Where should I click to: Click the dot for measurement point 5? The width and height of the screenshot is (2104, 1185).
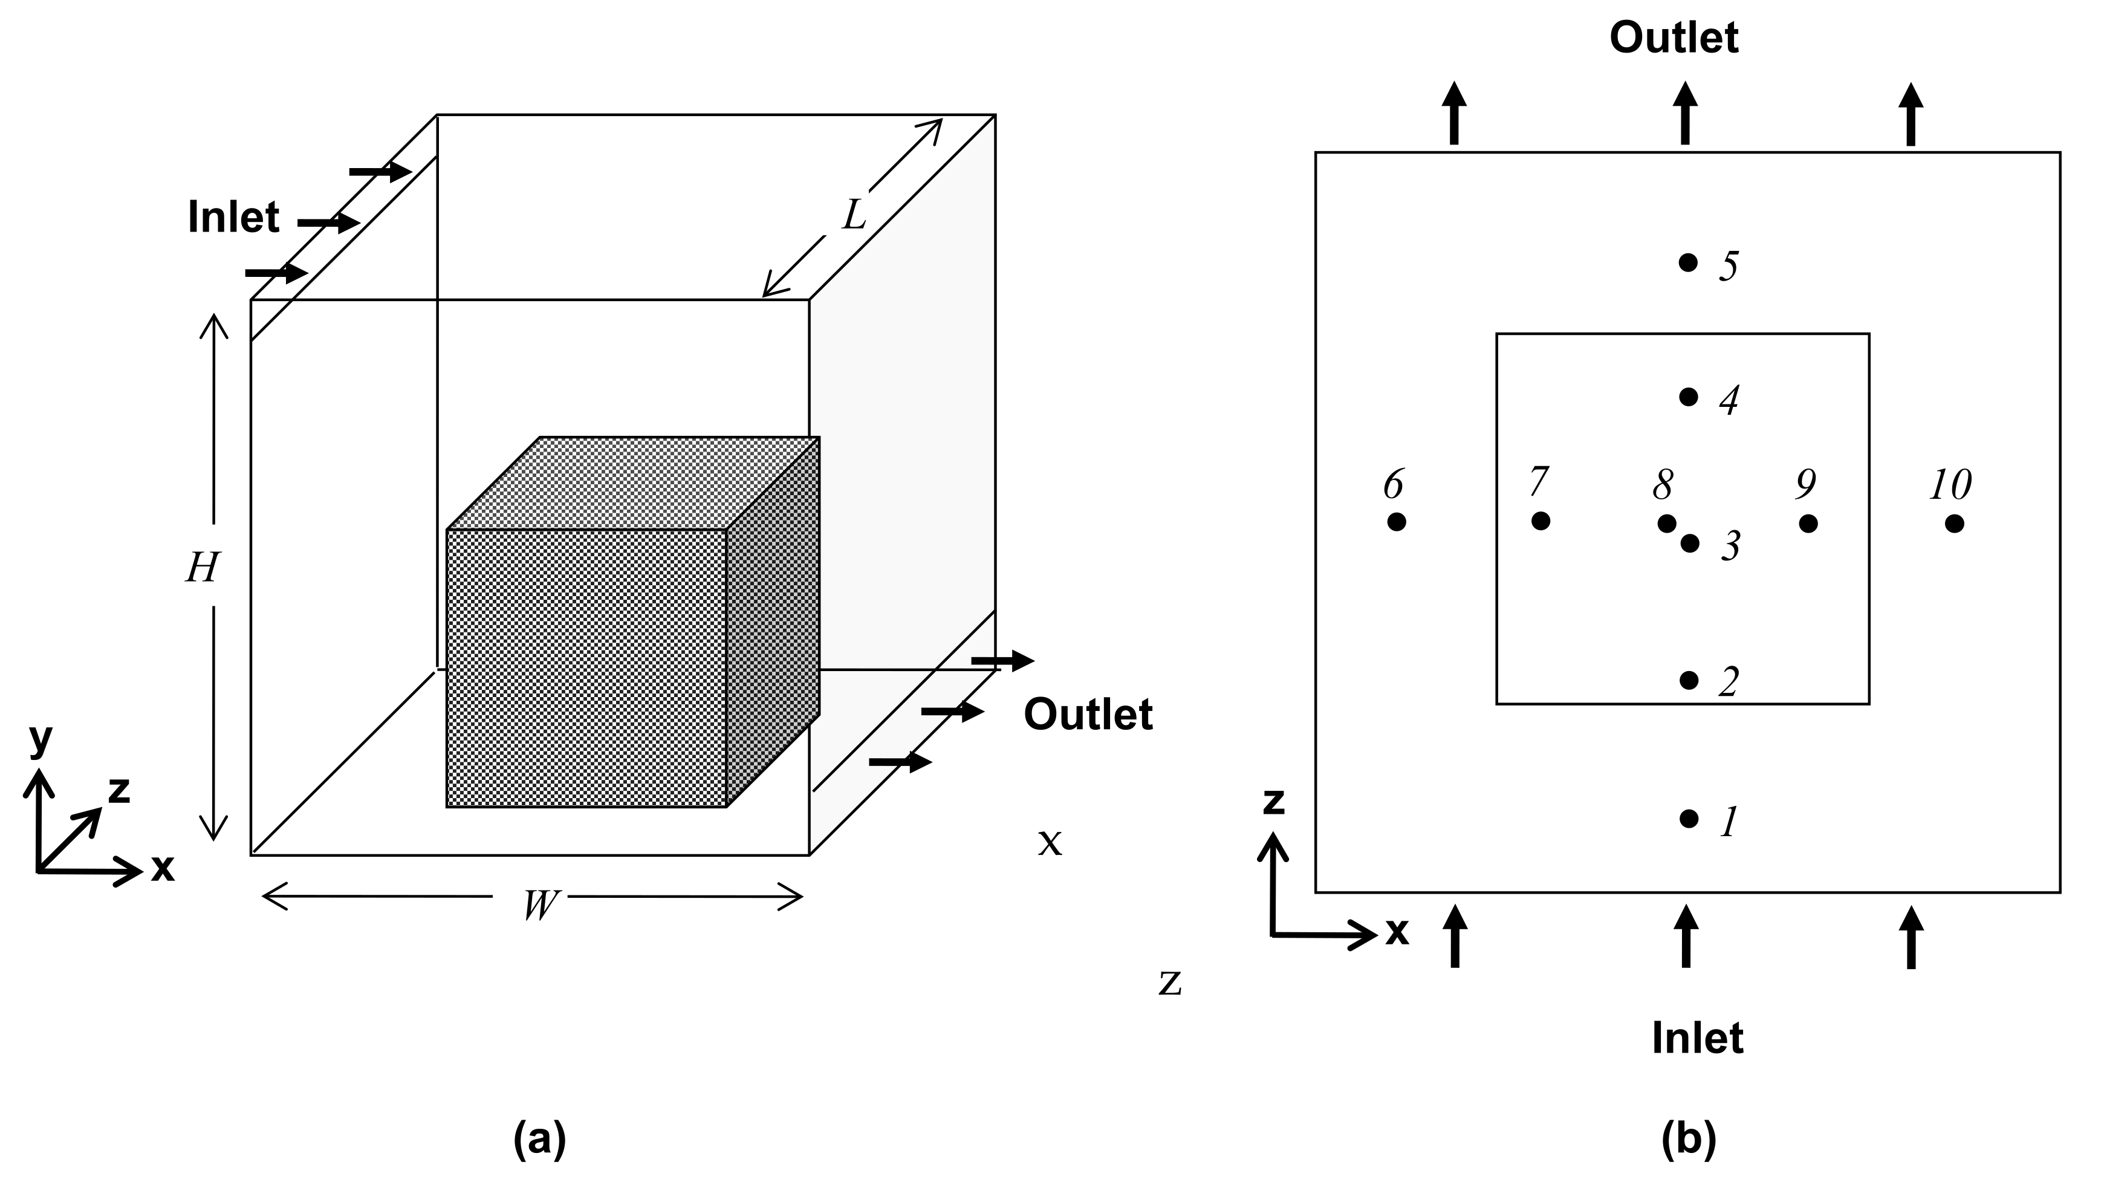pos(1688,262)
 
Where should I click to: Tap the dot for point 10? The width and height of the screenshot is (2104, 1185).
pos(1953,524)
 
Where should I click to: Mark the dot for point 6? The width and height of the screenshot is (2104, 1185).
pos(1397,521)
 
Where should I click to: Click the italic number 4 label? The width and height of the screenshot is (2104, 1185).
pos(1729,400)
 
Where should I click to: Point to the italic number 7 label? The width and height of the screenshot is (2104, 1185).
pos(1539,482)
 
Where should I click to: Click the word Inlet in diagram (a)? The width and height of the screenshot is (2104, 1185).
pos(233,217)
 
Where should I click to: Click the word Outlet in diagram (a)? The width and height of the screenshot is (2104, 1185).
pos(1087,714)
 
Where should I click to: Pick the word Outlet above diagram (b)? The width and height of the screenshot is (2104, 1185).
pos(1674,37)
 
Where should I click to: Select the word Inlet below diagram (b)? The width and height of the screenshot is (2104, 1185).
pos(1697,1038)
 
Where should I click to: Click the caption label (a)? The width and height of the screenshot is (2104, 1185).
pos(539,1138)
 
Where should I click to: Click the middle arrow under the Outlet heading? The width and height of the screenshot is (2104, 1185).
pos(1684,114)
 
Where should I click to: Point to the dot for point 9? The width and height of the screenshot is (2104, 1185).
pos(1808,524)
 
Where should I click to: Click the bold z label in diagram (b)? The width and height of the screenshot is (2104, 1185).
pos(1273,802)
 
